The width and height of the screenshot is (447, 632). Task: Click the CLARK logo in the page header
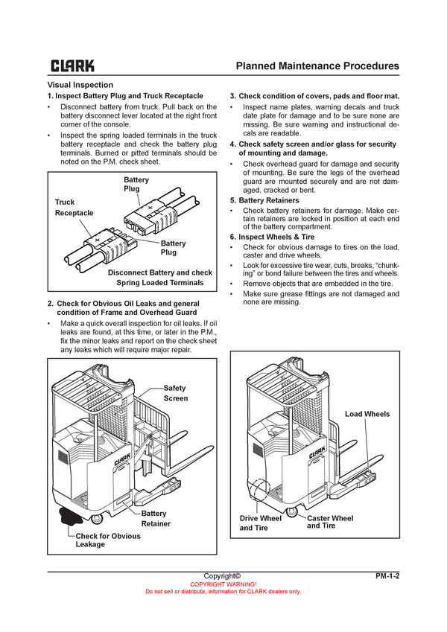point(72,66)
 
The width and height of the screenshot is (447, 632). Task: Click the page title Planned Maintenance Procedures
point(317,66)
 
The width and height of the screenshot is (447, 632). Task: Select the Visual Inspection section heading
point(80,85)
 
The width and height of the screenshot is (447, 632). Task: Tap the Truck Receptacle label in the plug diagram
point(74,208)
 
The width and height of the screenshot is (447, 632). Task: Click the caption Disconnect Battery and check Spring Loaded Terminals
point(159,278)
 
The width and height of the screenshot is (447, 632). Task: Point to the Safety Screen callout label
point(176,393)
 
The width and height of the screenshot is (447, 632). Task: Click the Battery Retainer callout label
point(155,518)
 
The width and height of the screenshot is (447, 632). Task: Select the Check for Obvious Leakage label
point(107,540)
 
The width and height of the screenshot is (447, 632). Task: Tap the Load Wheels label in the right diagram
point(367,414)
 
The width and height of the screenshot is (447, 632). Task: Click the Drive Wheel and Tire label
point(260,523)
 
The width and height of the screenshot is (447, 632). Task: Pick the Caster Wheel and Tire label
point(330,522)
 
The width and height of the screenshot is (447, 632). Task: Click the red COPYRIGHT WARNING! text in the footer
point(223,584)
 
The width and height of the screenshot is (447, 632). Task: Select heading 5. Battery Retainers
point(264,200)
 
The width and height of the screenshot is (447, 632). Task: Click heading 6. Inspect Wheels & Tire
point(272,237)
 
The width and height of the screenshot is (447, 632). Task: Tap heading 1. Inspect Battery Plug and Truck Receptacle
point(125,96)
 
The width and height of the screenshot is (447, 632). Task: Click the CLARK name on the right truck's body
point(317,452)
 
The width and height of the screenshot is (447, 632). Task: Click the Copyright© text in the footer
point(222,575)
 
